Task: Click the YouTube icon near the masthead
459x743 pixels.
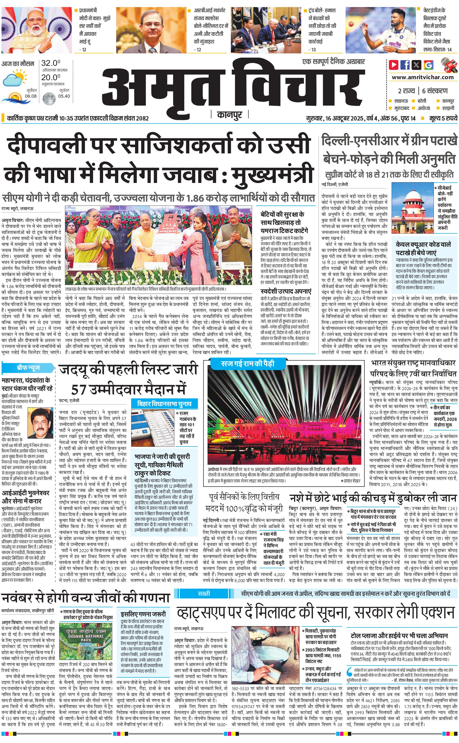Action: tap(394, 65)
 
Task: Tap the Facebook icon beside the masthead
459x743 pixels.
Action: tap(405, 65)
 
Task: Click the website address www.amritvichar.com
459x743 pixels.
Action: tap(422, 77)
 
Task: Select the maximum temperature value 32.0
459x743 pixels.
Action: tap(51, 63)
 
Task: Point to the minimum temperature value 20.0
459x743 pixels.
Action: tap(51, 77)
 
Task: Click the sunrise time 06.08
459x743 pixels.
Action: tap(31, 96)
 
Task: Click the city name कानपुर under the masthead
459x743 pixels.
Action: tap(229, 115)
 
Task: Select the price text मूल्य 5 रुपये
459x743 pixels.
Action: tap(443, 118)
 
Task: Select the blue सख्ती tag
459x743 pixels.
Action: tap(204, 593)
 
